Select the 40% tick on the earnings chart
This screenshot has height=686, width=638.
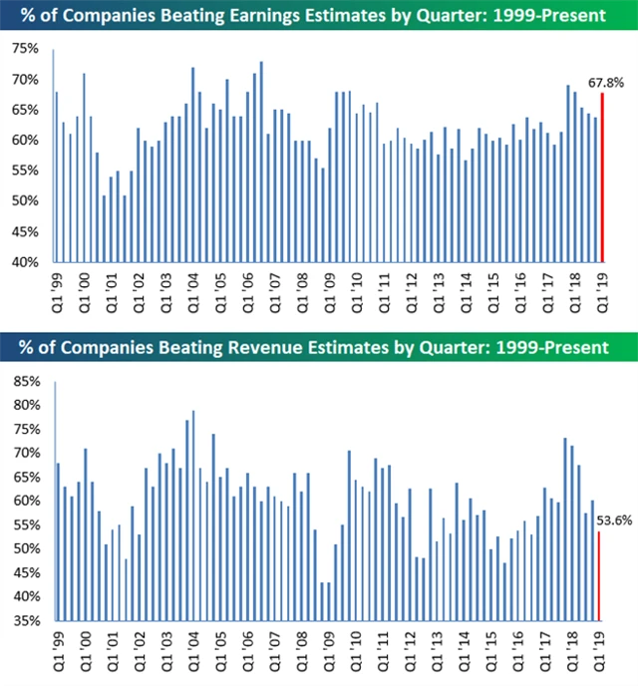tap(26, 262)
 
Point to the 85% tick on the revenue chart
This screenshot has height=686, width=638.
tap(26, 381)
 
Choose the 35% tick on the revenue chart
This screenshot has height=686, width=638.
tap(26, 621)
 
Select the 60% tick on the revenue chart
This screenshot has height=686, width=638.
tap(26, 502)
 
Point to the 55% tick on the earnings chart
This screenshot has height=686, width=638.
tap(26, 171)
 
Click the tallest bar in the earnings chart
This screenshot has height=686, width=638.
tap(54, 156)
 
